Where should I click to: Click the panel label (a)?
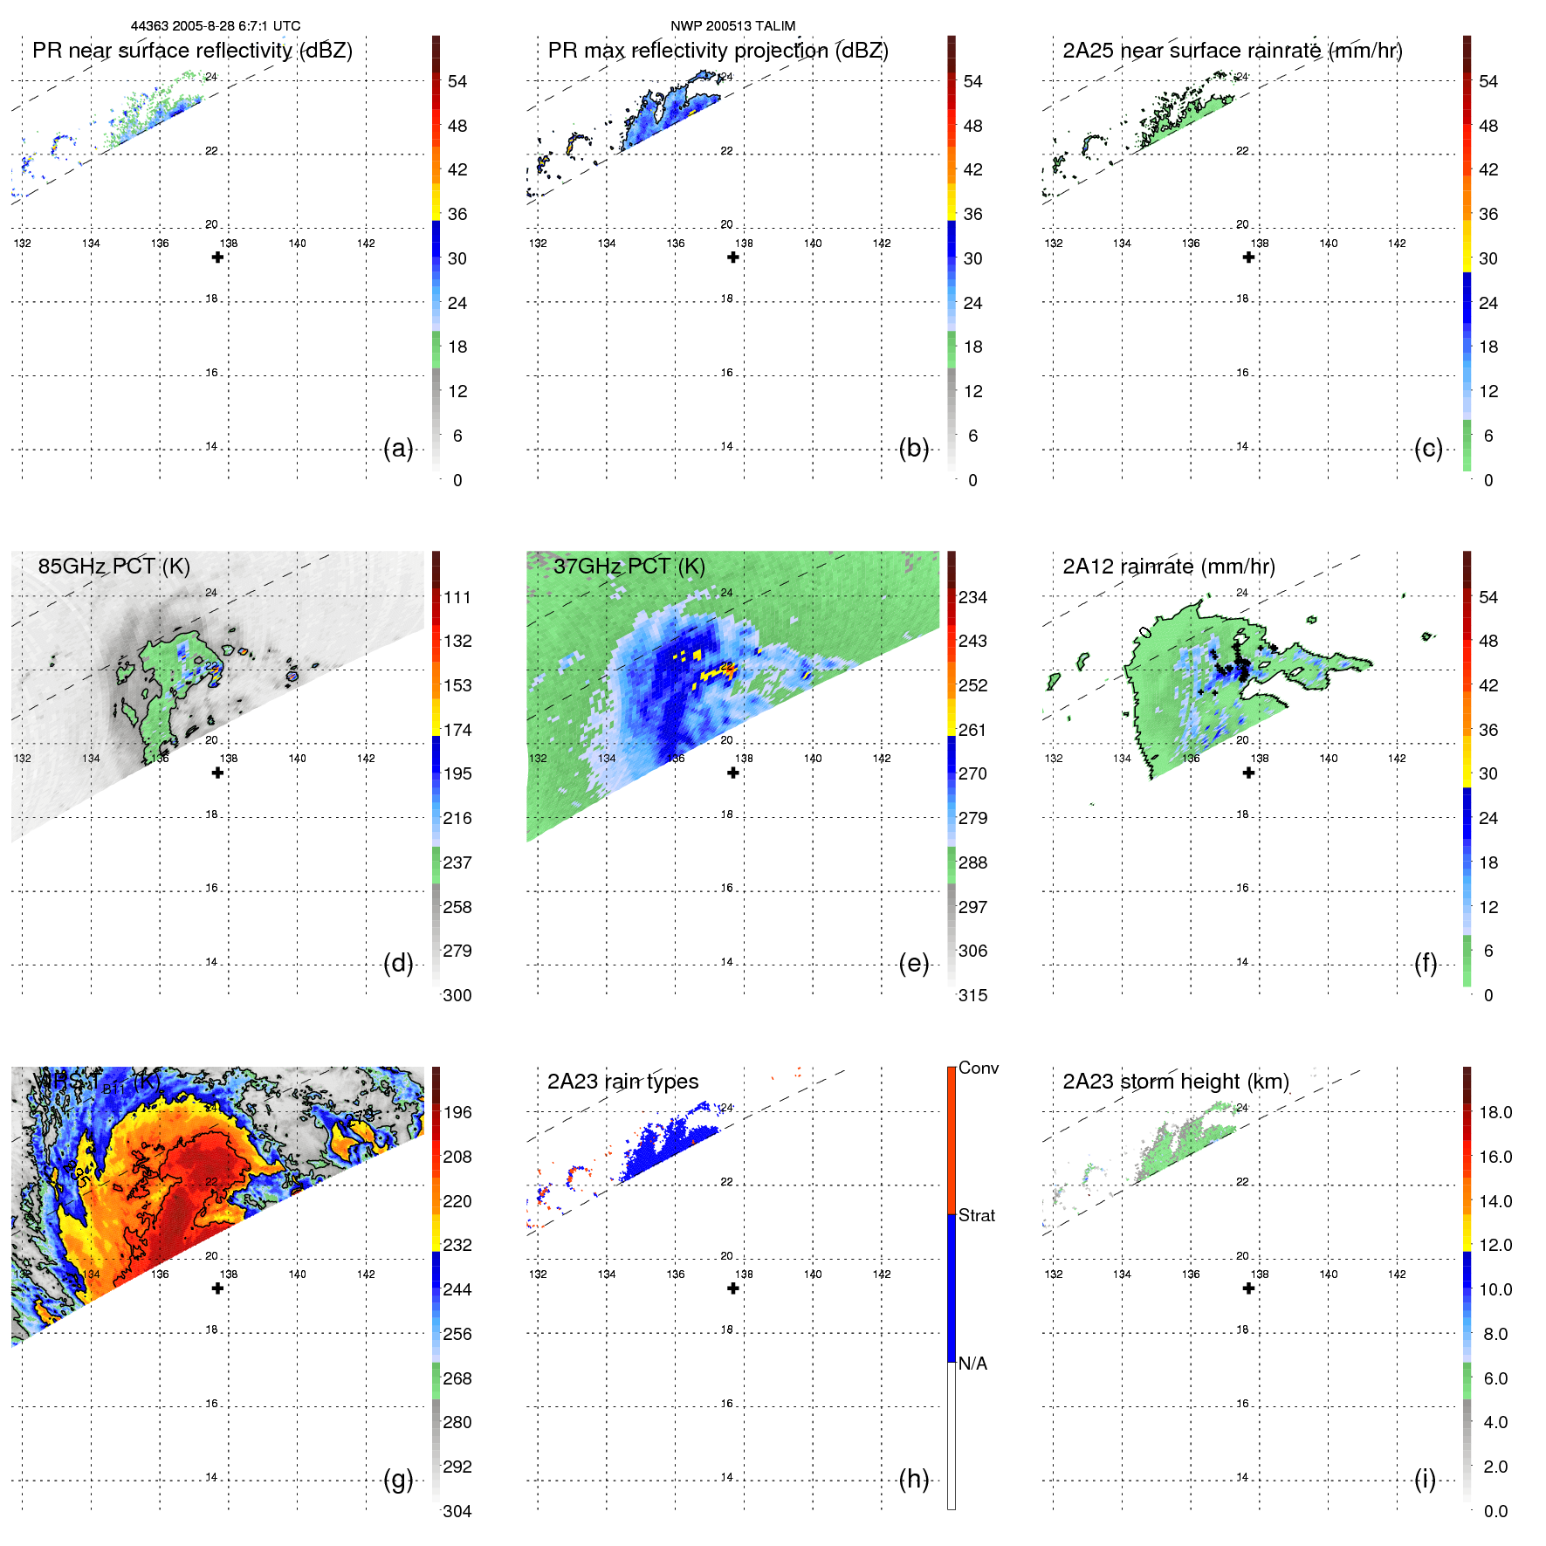(398, 449)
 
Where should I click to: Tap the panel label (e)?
(913, 964)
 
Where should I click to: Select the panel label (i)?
(1425, 1480)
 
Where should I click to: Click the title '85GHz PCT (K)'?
(113, 566)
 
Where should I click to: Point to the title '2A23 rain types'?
(622, 1082)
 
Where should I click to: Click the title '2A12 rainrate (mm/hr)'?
(1168, 566)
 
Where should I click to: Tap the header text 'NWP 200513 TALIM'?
(732, 25)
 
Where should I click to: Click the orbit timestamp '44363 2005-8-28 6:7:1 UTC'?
(216, 25)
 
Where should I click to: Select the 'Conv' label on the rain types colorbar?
(978, 1068)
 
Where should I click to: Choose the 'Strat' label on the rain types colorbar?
(976, 1215)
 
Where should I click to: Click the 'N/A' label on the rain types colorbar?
(972, 1364)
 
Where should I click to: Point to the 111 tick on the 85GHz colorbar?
(457, 597)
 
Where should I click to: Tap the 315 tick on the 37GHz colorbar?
(972, 995)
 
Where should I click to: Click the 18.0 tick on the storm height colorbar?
(1494, 1112)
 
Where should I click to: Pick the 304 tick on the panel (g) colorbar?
(457, 1511)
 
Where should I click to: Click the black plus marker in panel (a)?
(217, 258)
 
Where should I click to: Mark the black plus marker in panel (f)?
(1248, 773)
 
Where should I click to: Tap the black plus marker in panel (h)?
(733, 1288)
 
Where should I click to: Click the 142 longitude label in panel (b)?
(882, 243)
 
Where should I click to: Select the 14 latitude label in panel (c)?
(1242, 446)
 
